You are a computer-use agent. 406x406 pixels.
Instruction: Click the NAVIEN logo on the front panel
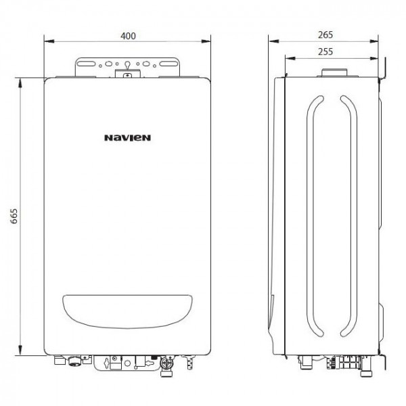(127, 137)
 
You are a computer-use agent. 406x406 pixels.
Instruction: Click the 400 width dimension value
(127, 35)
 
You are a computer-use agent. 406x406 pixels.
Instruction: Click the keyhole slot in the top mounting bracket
(127, 66)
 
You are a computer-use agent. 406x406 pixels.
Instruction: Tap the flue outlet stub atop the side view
(331, 71)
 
